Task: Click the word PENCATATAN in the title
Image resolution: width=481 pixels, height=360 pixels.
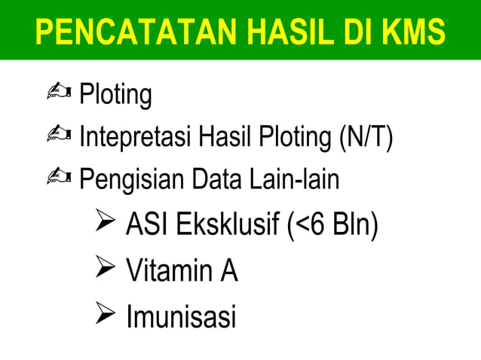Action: coord(118,32)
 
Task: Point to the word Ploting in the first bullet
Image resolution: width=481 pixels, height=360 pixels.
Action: coord(115,96)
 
